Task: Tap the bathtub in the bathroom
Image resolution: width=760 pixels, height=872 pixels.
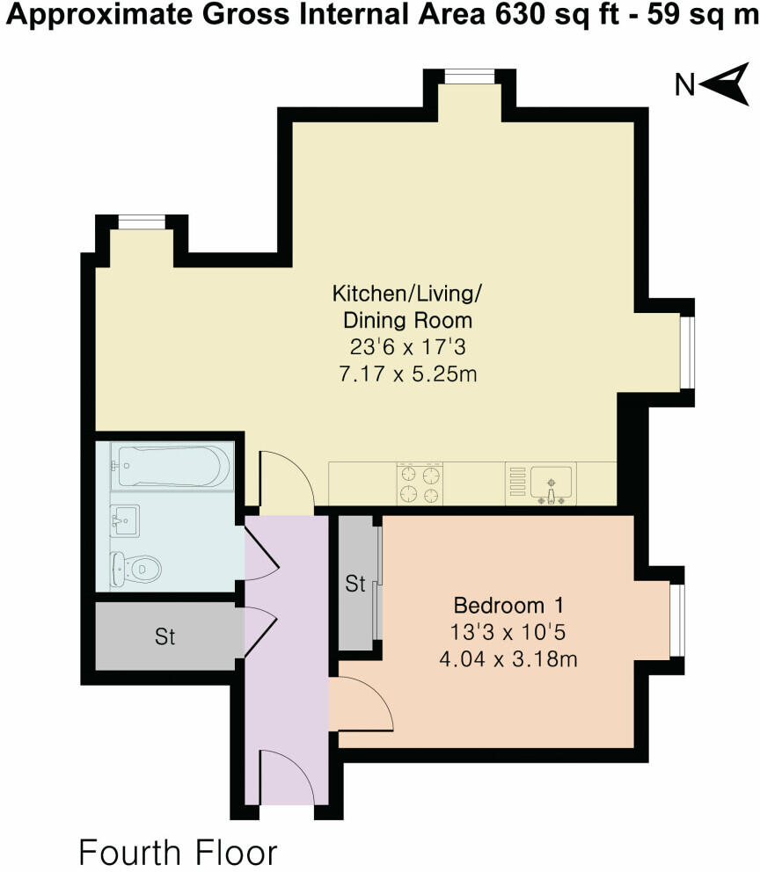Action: [172, 466]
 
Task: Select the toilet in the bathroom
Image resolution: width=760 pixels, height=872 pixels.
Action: [135, 570]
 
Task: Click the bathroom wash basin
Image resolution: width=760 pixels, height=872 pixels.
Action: [125, 521]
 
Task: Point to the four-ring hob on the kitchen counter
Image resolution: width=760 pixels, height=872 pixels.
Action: [420, 483]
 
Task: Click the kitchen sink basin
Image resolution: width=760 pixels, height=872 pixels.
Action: [552, 483]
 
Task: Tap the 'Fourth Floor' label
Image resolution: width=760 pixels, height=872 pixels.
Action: [178, 852]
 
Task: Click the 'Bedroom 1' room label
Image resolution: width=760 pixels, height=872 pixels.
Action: [508, 605]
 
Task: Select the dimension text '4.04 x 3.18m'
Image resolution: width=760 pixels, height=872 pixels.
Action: [508, 659]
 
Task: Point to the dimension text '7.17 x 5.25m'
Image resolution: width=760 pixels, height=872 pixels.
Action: [408, 374]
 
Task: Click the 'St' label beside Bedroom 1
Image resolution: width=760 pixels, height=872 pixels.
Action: [355, 584]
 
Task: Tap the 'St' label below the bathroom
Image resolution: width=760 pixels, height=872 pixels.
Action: [165, 636]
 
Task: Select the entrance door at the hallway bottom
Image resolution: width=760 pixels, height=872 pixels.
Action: [287, 776]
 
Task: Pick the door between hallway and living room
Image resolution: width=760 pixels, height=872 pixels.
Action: [287, 478]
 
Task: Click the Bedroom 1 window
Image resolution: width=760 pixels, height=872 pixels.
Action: [677, 619]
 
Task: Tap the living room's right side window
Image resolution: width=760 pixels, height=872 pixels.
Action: [688, 352]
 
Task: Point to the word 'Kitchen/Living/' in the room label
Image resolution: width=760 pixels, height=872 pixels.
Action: [406, 293]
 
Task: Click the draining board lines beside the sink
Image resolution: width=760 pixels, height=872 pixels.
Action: [517, 482]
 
